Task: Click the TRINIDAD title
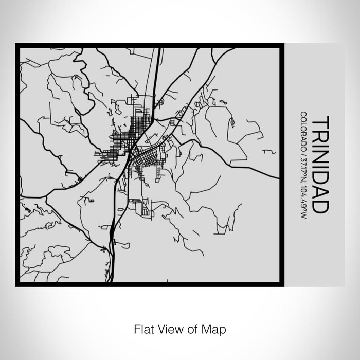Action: (319, 165)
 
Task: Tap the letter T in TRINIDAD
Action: (319, 121)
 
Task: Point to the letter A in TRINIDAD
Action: (319, 191)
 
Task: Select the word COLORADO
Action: (304, 128)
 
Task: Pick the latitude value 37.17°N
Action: (304, 163)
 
